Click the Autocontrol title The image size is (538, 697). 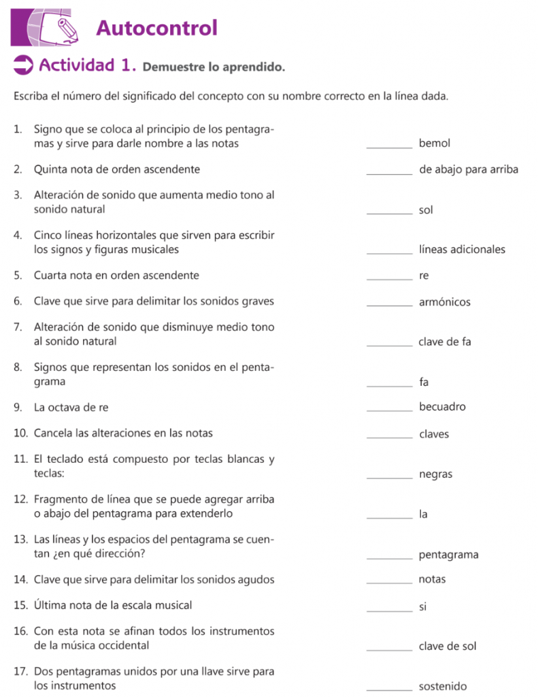[x=156, y=29]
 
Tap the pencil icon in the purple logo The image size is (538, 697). [x=66, y=29]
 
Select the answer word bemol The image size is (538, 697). [x=435, y=144]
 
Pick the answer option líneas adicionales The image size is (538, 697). [x=462, y=250]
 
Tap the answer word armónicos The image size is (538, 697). [x=444, y=302]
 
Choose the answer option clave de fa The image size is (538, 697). [x=444, y=342]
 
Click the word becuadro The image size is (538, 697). [x=442, y=407]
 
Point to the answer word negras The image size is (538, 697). [x=435, y=474]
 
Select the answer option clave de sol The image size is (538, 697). [x=448, y=646]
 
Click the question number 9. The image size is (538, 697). [x=17, y=408]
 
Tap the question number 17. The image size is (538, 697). [x=20, y=672]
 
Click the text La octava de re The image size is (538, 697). [x=71, y=408]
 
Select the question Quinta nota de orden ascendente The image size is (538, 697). [x=116, y=169]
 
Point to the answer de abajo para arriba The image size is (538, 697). [x=469, y=169]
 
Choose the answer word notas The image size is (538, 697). [x=433, y=579]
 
